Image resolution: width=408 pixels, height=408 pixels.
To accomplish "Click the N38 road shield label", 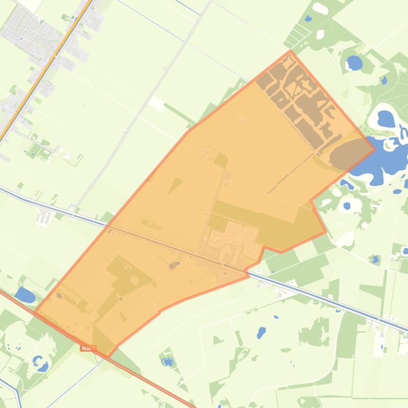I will pos(88,348).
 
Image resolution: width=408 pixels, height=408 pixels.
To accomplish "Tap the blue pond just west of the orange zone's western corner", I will pos(24,295).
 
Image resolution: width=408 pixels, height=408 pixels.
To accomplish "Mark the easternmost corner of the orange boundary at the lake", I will pos(375,134).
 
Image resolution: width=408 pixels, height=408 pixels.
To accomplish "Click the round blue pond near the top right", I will pos(354,64).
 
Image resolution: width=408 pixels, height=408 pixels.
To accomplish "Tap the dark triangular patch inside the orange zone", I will pos(175,185).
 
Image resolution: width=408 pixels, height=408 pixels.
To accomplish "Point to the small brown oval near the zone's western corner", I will pos(59,295).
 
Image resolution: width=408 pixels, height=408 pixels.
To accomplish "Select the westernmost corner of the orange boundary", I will pos(34,312).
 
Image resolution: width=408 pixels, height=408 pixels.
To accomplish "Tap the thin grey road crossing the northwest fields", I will pos(143,106).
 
